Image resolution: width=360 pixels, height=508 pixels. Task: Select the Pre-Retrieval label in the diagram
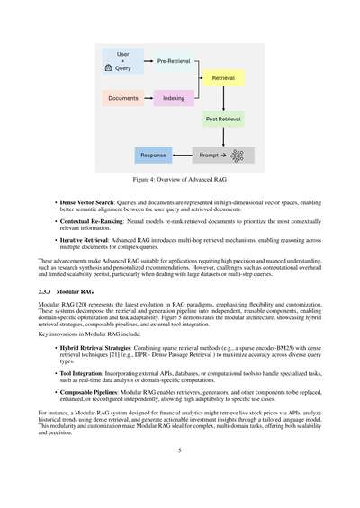coord(174,61)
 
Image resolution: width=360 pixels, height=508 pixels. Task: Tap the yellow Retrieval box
coord(223,79)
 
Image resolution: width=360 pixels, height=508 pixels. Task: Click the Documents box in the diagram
coord(123,98)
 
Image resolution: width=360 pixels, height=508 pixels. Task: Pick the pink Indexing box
coord(174,98)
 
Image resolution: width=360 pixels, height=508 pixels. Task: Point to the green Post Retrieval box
coord(223,119)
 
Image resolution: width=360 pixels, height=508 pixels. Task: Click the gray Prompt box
coord(211,156)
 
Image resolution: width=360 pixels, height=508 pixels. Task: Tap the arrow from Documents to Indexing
coord(148,98)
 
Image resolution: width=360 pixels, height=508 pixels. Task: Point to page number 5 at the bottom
coord(180,475)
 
